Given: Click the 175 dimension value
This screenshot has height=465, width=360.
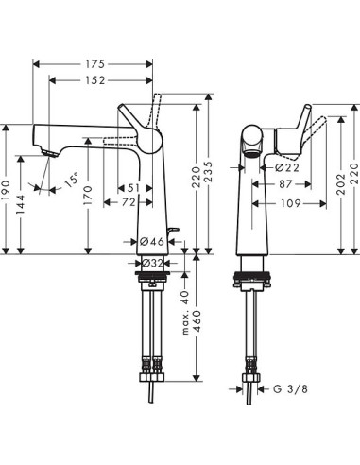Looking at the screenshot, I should [93, 64].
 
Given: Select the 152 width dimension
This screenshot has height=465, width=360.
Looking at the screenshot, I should [93, 82].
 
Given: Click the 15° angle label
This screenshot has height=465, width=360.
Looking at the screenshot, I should [70, 179].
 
